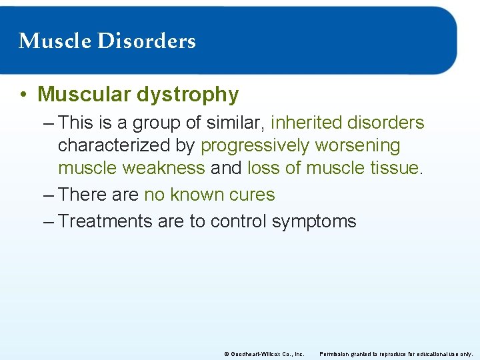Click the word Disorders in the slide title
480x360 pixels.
point(147,41)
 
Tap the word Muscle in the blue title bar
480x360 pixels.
point(56,41)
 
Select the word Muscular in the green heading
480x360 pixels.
point(84,95)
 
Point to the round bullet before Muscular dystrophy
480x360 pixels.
point(23,95)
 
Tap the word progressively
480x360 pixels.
point(255,146)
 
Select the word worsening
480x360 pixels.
point(358,146)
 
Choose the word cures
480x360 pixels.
point(251,195)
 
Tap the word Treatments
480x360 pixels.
point(105,221)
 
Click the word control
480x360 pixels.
point(239,221)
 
